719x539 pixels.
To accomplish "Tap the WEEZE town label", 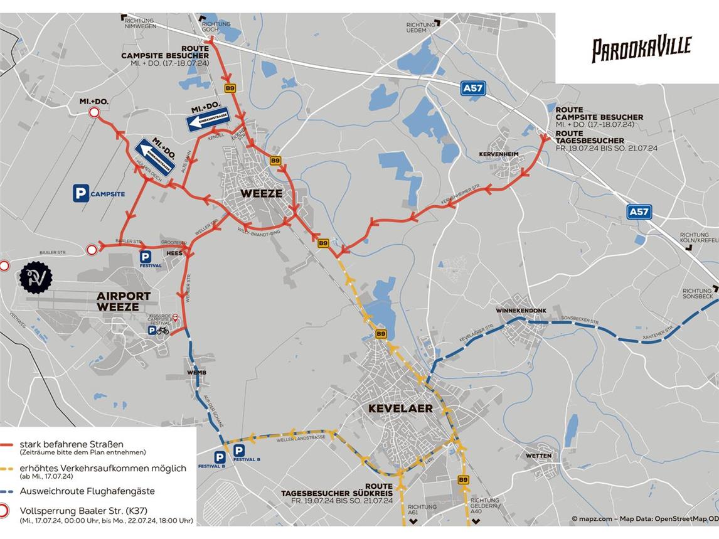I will coord(262,193).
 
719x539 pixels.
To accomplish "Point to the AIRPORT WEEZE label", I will coord(124,301).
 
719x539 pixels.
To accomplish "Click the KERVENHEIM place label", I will coord(499,154).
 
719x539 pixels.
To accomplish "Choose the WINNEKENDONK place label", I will coord(521,311).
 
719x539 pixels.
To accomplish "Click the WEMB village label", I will coord(196,373).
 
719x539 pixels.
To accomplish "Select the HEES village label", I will coord(174,253).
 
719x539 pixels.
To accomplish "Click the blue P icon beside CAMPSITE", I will coord(81,193).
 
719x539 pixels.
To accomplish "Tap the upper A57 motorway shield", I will coord(473,88).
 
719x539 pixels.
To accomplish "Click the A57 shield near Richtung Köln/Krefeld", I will coord(639,211).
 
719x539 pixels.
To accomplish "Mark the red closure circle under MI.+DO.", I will coord(94,113).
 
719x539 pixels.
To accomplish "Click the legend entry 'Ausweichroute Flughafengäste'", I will coord(87,491).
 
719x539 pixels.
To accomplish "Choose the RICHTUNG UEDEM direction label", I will coord(420,28).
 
